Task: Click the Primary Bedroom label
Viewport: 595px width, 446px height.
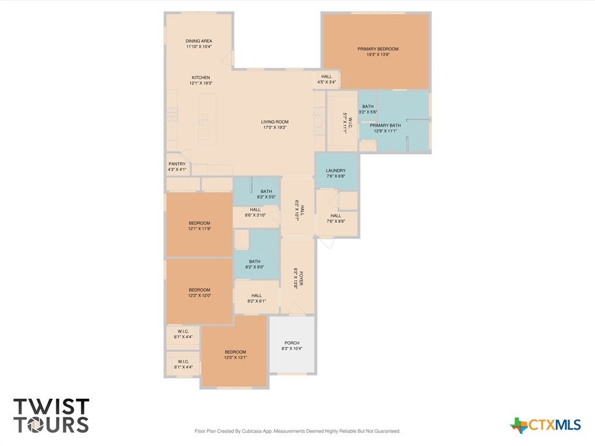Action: pyautogui.click(x=378, y=49)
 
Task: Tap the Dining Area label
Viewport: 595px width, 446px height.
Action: pyautogui.click(x=199, y=41)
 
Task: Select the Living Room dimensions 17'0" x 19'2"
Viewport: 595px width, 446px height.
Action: pyautogui.click(x=275, y=128)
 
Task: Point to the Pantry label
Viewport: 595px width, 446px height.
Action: pyautogui.click(x=177, y=164)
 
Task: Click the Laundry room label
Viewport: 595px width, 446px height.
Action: pyautogui.click(x=336, y=170)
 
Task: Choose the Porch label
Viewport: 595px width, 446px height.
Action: pyautogui.click(x=292, y=343)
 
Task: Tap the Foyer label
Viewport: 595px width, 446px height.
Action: pyautogui.click(x=302, y=279)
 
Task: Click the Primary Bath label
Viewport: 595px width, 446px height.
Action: pyautogui.click(x=385, y=125)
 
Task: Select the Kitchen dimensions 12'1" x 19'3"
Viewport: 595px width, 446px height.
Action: pyautogui.click(x=201, y=83)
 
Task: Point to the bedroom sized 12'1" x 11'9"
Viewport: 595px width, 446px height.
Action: pyautogui.click(x=199, y=226)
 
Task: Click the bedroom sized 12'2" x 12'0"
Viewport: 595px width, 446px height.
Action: pyautogui.click(x=199, y=292)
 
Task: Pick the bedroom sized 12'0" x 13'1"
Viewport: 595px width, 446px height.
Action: pyautogui.click(x=236, y=355)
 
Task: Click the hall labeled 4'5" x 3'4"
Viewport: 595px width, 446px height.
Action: pyautogui.click(x=326, y=79)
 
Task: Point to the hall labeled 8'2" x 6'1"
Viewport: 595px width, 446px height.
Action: pyautogui.click(x=256, y=298)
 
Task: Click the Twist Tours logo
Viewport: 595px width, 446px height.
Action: pyautogui.click(x=51, y=415)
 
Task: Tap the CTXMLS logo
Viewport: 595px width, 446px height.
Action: pyautogui.click(x=546, y=425)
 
